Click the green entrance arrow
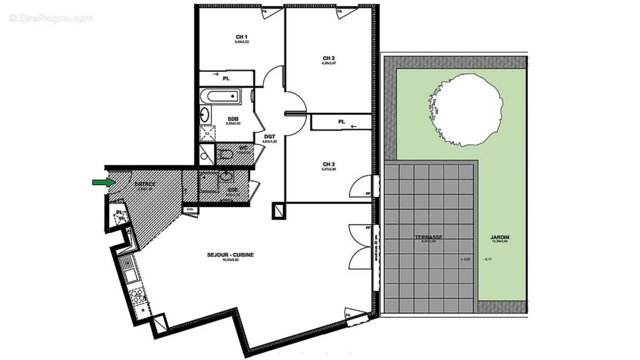(x=103, y=182)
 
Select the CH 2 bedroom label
(x=329, y=58)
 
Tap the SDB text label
(x=233, y=118)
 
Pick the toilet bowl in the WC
(x=225, y=155)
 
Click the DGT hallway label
(x=269, y=137)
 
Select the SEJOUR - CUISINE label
(x=230, y=255)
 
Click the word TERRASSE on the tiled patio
(x=429, y=237)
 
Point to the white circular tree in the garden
(x=466, y=109)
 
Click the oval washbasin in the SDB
(x=205, y=114)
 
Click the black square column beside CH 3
(x=279, y=211)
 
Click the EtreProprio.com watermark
(x=51, y=19)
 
